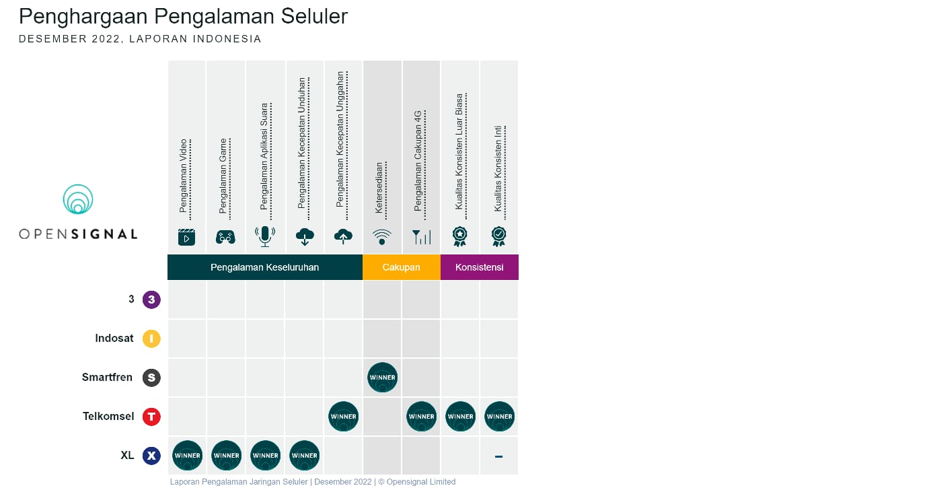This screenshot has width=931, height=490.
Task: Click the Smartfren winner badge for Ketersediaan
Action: (382, 378)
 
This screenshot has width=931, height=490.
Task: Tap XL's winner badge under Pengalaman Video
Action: (187, 456)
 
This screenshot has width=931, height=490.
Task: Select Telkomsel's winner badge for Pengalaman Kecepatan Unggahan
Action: (343, 417)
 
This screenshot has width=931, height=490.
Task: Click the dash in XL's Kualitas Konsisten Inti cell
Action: (498, 456)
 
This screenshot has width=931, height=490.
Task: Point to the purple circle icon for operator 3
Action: (151, 300)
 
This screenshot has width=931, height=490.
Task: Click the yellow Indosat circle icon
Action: (151, 339)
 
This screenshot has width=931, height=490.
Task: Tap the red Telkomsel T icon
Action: (151, 417)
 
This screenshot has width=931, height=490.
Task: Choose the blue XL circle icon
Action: (151, 456)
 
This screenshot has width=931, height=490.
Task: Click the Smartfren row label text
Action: (108, 378)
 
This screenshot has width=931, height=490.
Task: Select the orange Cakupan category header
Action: (401, 267)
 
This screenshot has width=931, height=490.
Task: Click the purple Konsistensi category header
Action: (479, 267)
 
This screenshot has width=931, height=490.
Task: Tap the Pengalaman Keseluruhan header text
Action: (264, 267)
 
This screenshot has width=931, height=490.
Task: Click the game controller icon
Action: (225, 237)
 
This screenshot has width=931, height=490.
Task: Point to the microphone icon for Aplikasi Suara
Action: (265, 236)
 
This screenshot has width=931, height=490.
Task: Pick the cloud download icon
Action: (304, 236)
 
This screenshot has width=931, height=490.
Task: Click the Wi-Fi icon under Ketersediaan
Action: (381, 237)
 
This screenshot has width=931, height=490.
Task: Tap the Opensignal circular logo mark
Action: (78, 199)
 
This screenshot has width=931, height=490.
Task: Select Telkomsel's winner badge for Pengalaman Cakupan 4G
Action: (421, 417)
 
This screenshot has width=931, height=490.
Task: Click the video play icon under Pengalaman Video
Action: (186, 237)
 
